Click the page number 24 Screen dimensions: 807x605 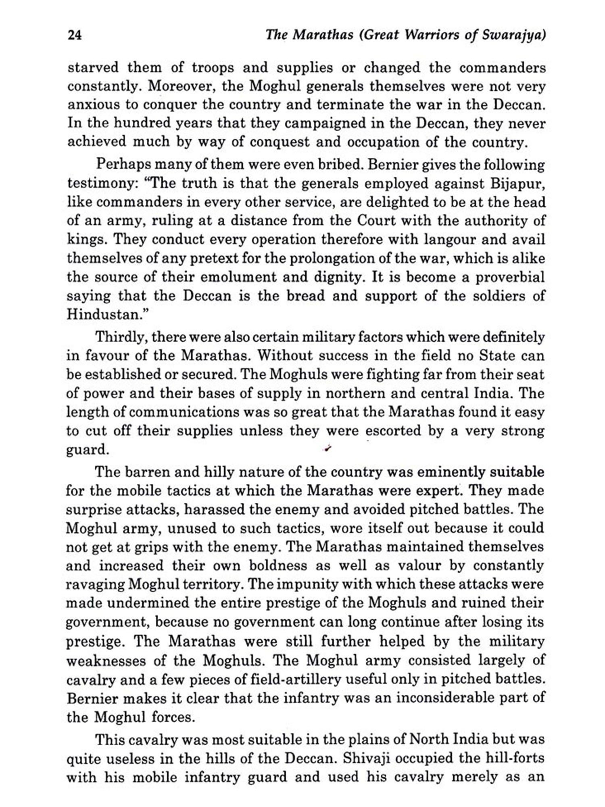[75, 36]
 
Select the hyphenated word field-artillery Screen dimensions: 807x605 [290, 679]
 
